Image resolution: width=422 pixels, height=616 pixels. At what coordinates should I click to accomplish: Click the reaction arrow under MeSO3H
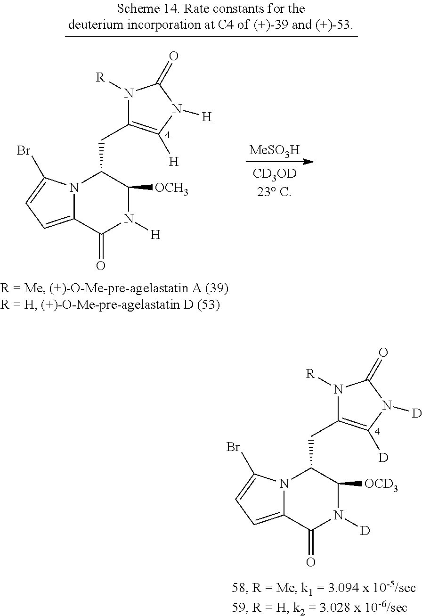pyautogui.click(x=280, y=162)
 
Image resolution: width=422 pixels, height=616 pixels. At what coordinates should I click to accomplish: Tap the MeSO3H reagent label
pyautogui.click(x=275, y=151)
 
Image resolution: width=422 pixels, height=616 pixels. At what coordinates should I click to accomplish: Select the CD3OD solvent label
pyautogui.click(x=275, y=174)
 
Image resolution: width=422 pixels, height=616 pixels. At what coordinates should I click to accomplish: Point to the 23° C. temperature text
pyautogui.click(x=274, y=192)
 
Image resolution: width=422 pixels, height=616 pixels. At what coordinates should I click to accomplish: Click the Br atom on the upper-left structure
pyautogui.click(x=24, y=151)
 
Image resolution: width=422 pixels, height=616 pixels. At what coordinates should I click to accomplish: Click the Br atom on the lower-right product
pyautogui.click(x=233, y=447)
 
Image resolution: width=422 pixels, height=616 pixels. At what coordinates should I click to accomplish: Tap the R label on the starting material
pyautogui.click(x=100, y=77)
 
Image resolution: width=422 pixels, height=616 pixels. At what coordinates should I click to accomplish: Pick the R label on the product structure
pyautogui.click(x=310, y=374)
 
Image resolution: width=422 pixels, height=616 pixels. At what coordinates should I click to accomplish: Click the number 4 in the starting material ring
pyautogui.click(x=167, y=135)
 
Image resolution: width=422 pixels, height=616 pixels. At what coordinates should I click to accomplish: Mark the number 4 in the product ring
pyautogui.click(x=377, y=431)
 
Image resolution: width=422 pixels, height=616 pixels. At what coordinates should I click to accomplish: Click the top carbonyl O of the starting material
pyautogui.click(x=174, y=56)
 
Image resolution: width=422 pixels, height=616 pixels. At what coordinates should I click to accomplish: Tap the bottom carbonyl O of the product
pyautogui.click(x=311, y=562)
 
